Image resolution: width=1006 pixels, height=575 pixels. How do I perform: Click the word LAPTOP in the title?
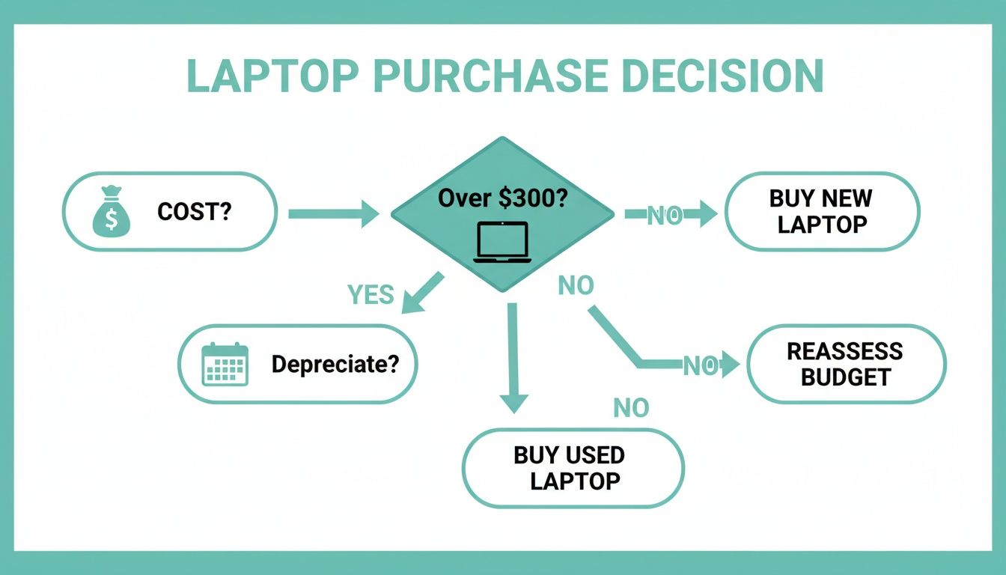pos(271,76)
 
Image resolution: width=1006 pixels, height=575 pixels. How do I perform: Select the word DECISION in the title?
pos(722,76)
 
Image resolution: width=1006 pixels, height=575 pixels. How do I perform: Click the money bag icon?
pos(111,212)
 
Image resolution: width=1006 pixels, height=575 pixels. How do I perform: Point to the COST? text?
pos(195,212)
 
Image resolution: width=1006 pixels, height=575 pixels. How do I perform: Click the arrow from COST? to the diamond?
pos(334,213)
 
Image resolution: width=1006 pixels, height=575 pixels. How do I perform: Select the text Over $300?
pos(502,198)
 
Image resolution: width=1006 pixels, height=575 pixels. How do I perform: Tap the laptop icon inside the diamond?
pos(502,242)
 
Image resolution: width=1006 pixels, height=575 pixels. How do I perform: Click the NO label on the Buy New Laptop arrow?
pos(664,216)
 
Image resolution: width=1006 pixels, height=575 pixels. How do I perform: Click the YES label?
pos(371,295)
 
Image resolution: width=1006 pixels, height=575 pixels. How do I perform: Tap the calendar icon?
pos(225,364)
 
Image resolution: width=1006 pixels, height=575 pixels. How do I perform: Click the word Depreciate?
pos(335,365)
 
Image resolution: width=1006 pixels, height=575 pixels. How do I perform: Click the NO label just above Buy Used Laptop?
pos(631,408)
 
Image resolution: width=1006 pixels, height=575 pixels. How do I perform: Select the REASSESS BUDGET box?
pos(846,364)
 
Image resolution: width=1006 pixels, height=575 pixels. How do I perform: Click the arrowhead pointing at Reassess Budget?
pos(730,365)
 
